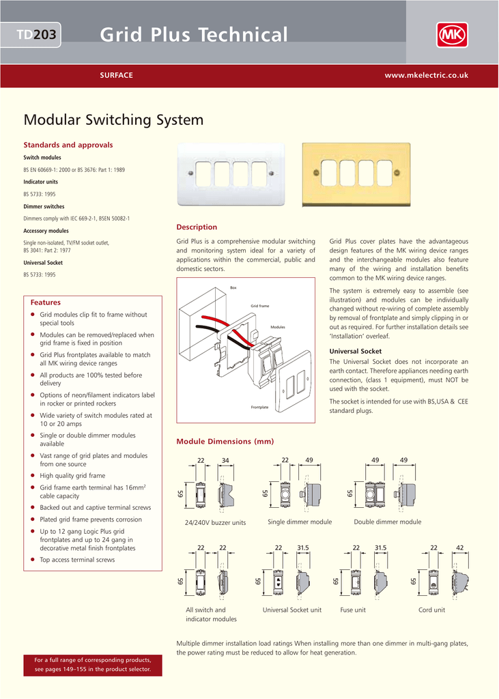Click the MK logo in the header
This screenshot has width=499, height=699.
(x=452, y=34)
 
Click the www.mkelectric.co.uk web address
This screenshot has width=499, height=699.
(x=426, y=75)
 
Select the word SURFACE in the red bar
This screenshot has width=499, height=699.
(x=117, y=75)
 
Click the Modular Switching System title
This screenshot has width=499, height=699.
(x=113, y=120)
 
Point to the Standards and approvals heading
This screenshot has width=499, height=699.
(x=68, y=145)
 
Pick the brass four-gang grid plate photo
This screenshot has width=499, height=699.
(x=356, y=174)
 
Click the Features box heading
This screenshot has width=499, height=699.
(x=45, y=302)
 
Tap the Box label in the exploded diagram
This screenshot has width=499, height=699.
(x=233, y=288)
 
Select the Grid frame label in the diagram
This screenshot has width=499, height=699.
(x=259, y=306)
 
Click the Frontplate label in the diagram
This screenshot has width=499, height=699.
(x=259, y=407)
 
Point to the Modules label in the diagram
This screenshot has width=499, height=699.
(x=278, y=327)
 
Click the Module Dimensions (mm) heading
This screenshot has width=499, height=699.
(x=225, y=442)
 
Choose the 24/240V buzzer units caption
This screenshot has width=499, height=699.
(x=215, y=522)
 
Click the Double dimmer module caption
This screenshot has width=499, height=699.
(x=387, y=522)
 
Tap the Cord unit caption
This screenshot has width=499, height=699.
(x=431, y=610)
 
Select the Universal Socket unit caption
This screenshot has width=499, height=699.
(x=291, y=610)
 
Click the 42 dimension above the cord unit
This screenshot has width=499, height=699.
(x=460, y=547)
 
